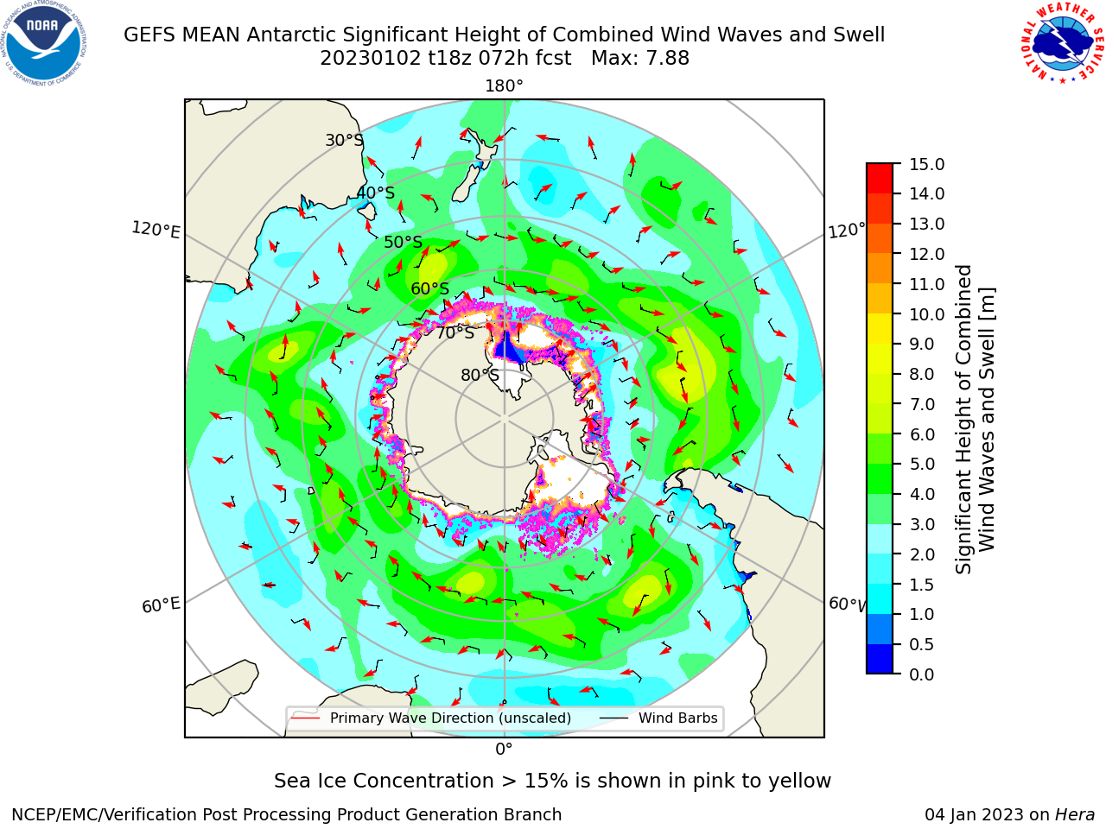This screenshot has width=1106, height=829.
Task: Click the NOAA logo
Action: point(43,43)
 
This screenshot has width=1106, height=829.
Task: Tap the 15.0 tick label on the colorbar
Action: point(926,164)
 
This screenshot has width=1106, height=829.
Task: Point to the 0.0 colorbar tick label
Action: point(922,674)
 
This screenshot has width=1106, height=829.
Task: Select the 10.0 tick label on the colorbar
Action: point(926,314)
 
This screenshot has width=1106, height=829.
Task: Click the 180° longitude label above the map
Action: point(504,86)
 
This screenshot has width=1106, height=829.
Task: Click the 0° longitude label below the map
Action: point(504,750)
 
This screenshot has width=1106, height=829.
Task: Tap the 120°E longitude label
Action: point(156,230)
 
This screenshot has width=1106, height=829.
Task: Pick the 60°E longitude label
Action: point(161,604)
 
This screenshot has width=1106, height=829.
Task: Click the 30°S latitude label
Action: point(344,140)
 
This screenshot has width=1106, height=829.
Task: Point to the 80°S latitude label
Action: point(480,375)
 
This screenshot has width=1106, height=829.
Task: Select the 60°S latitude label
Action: point(429,288)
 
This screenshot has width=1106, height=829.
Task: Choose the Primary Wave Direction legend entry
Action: point(431,718)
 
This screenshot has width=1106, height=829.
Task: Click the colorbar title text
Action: point(975,419)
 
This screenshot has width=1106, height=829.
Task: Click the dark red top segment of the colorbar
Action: point(880,178)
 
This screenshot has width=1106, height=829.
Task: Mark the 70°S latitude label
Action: point(455,332)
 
